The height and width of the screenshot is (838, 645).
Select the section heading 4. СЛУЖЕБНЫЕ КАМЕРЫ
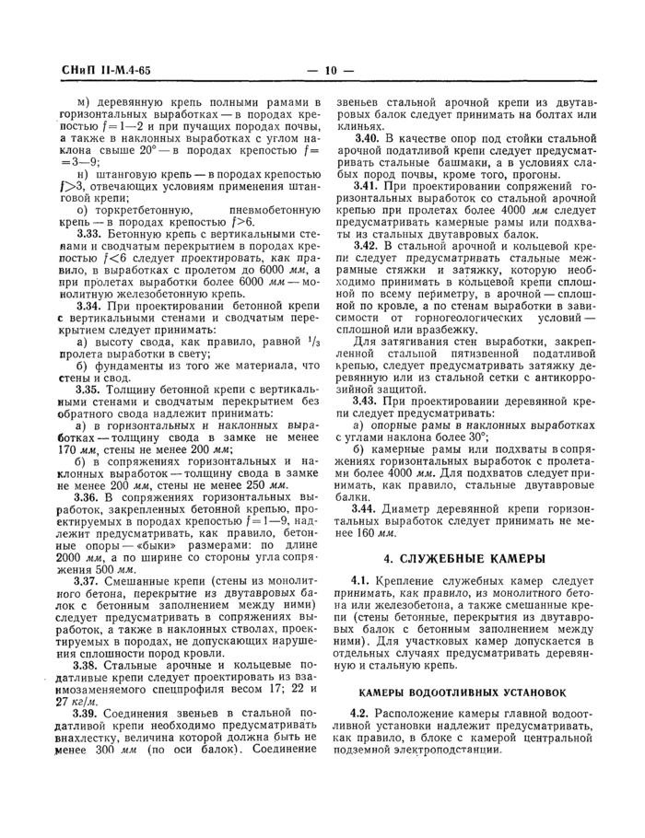tap(464, 557)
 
